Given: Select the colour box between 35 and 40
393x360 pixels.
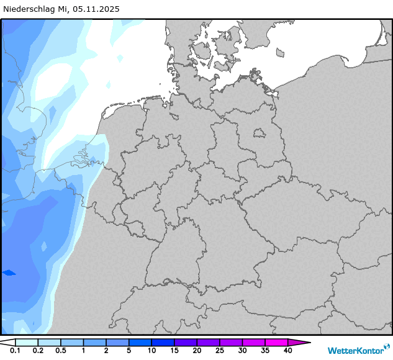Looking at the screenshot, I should point(276,342).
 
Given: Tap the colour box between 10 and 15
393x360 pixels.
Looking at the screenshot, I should point(163,342).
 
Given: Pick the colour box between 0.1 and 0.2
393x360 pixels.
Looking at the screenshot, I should point(26,342).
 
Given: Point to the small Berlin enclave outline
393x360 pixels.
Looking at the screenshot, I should point(259,133).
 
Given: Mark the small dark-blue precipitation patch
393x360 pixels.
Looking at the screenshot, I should point(9,272).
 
